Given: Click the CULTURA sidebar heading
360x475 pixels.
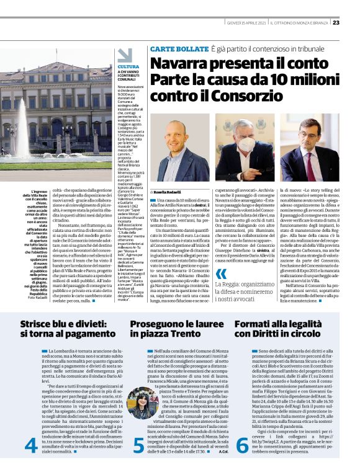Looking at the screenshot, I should pos(128,66).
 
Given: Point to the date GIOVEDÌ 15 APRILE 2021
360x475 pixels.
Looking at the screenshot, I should pos(246,23).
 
